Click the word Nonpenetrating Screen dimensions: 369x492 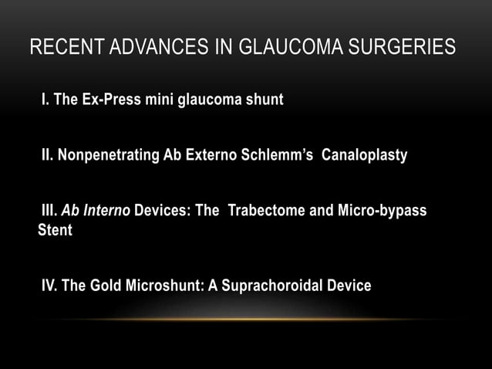coord(108,156)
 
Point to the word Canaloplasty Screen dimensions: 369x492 coord(364,156)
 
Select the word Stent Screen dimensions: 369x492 coord(56,230)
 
